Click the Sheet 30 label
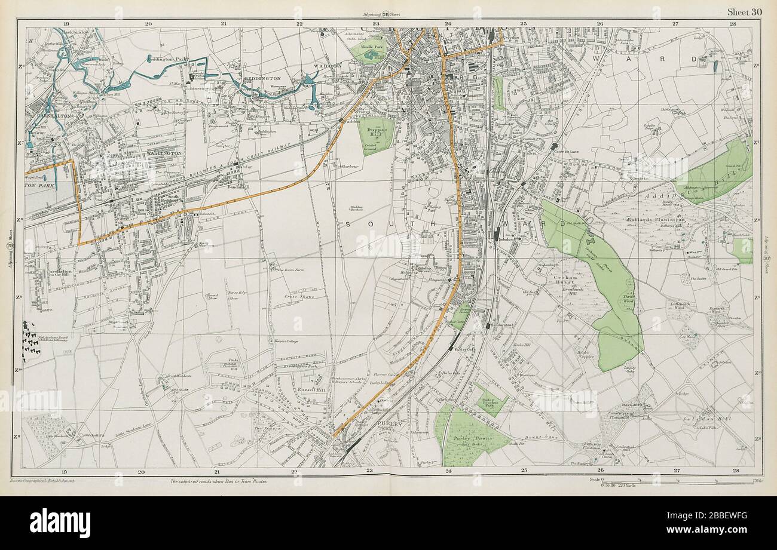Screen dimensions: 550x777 (x=744, y=12)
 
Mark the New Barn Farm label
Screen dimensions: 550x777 (x=290, y=270)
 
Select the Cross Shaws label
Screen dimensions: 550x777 (x=298, y=296)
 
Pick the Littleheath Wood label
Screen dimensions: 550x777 (x=683, y=305)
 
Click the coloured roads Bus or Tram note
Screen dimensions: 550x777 (x=218, y=481)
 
